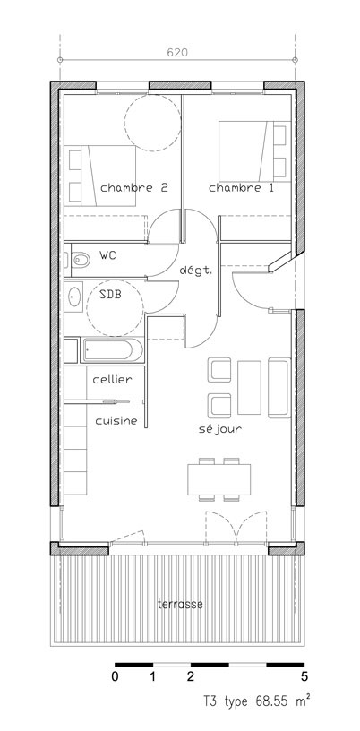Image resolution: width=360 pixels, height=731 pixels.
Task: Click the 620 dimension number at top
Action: (177, 53)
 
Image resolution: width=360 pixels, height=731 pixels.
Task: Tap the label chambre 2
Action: (133, 188)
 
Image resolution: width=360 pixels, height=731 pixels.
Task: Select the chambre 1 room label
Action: (241, 188)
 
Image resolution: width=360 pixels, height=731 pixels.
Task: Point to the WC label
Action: (107, 255)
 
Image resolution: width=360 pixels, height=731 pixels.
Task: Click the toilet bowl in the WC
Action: (81, 260)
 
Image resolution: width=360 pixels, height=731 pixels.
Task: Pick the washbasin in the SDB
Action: (74, 297)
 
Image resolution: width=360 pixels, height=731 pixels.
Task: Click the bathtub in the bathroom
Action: (112, 350)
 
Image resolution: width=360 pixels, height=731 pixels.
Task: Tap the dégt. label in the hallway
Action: (196, 271)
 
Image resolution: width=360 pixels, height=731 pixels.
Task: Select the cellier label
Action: (112, 380)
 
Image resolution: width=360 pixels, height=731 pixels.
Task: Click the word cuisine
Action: (116, 420)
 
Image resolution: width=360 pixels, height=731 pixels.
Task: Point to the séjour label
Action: (220, 429)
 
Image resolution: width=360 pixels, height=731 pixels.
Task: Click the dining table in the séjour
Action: (219, 479)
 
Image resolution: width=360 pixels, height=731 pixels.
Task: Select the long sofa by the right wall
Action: (279, 388)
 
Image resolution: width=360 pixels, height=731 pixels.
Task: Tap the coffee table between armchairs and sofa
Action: (249, 387)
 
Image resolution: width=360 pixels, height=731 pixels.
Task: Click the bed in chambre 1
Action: (254, 151)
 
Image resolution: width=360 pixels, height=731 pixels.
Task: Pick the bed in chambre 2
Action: (99, 176)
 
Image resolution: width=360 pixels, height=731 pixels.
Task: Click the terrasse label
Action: (180, 604)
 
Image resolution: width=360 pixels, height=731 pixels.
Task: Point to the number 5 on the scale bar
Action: (304, 677)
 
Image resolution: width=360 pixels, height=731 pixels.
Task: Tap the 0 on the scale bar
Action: (116, 677)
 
